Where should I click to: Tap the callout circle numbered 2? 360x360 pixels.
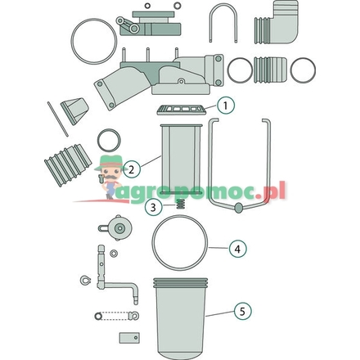coord(131,170)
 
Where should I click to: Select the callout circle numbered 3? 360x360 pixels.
coord(153,208)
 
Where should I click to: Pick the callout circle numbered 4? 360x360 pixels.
coord(236,248)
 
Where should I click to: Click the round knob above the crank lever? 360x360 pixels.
coord(120,227)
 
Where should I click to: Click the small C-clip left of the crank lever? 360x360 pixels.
coord(84,282)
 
